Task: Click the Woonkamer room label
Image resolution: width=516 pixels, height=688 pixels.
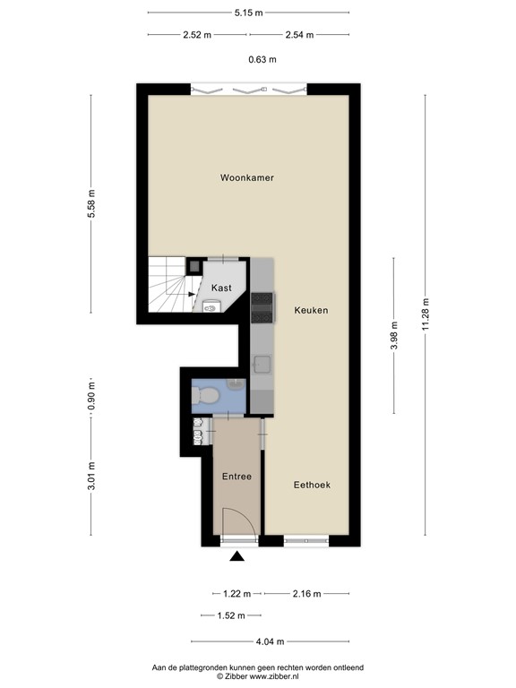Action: pos(247,177)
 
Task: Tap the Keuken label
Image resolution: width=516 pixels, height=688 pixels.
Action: pos(311,310)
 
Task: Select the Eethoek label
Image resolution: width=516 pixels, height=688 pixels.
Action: pos(312,485)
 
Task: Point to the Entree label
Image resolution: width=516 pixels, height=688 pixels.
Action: pos(236,477)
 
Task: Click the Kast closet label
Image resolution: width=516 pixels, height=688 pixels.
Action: pos(221,288)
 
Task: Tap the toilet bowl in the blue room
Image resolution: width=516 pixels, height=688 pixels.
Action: pos(205,395)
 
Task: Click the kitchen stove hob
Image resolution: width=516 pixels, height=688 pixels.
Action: pos(262,307)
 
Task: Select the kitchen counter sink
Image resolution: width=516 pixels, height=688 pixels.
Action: pos(262,364)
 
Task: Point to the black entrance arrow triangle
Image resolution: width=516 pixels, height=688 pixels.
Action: pos(237,556)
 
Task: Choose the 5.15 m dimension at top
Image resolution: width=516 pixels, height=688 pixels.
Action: pos(249,13)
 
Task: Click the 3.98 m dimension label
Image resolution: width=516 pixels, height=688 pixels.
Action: pos(393,336)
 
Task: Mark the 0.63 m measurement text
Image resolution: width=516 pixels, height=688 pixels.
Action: pos(262,60)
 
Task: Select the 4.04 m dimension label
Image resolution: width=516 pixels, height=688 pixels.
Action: pos(271,641)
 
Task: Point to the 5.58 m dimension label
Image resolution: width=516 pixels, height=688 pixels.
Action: pos(91,203)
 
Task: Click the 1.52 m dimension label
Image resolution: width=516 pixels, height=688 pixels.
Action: pos(231,615)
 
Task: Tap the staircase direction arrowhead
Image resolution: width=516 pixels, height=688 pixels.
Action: pos(192,294)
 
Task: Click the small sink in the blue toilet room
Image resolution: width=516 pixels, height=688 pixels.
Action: pos(236,384)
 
